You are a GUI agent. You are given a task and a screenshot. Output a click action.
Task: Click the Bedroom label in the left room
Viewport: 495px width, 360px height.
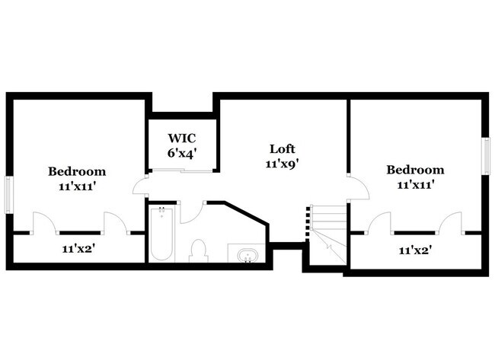[x=77, y=171]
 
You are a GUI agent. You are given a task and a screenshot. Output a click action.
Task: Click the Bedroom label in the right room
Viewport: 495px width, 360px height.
[x=414, y=170]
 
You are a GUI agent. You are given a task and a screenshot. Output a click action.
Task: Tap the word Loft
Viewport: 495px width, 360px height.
[x=282, y=148]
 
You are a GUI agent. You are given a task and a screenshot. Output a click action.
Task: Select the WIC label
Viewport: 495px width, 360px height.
[x=182, y=139]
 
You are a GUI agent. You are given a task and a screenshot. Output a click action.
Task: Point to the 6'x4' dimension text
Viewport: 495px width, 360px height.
[x=182, y=152]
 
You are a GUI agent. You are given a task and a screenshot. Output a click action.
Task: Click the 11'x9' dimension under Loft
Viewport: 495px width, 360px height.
[x=282, y=163]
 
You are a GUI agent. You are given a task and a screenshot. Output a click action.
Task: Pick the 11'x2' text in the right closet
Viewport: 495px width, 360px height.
[x=414, y=249]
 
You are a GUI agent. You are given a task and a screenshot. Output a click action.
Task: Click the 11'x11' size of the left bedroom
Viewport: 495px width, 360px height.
[x=77, y=186]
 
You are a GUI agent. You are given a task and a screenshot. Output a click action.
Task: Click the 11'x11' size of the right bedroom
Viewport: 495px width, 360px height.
[x=414, y=184]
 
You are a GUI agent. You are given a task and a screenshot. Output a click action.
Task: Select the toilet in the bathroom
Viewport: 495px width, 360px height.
[x=199, y=250]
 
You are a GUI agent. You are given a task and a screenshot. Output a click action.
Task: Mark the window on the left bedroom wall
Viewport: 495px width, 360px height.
[x=9, y=195]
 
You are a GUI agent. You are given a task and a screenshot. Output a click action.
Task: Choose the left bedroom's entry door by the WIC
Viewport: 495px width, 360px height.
[x=139, y=186]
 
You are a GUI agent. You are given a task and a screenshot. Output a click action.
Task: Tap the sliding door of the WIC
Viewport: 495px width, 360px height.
[x=190, y=171]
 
